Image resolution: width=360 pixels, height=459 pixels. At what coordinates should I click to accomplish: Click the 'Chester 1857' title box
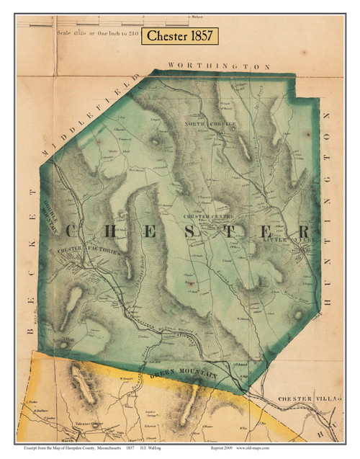point(180,37)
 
